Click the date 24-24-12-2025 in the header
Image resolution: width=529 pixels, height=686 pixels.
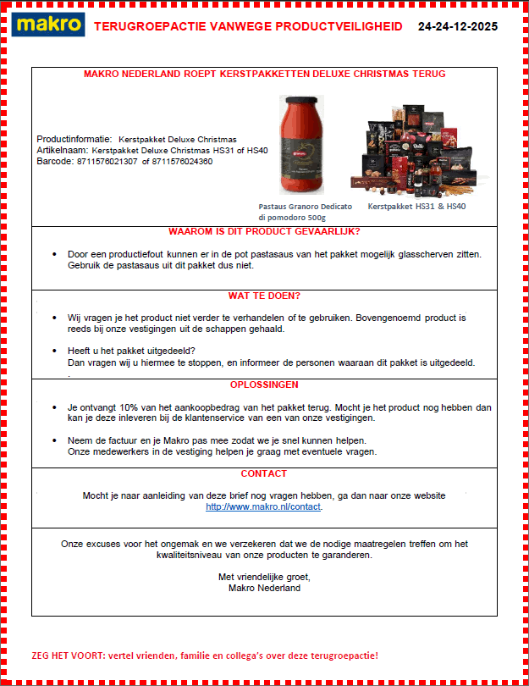coord(457,26)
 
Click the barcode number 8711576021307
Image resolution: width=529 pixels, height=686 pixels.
coord(107,161)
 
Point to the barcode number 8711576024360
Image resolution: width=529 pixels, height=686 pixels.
coord(182,161)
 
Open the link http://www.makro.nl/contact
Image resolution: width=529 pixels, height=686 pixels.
coord(263,506)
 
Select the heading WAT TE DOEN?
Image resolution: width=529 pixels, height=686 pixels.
coord(264,296)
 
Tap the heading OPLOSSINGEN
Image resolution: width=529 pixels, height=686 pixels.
coord(264,384)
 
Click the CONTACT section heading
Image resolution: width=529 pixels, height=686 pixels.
coord(264,473)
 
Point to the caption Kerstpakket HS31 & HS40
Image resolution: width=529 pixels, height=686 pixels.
coord(416,206)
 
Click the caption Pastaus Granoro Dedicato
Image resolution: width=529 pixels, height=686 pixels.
coord(305,206)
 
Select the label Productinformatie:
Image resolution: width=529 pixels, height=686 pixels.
coord(74,139)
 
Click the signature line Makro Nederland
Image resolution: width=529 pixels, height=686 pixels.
coord(264,588)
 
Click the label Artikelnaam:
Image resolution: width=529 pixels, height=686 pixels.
coord(62,150)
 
